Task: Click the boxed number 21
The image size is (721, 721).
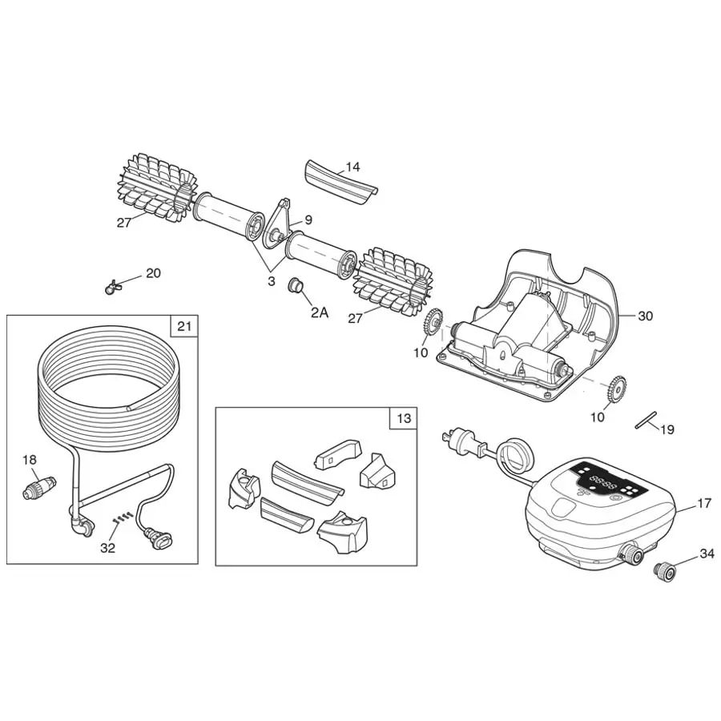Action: [x=184, y=326]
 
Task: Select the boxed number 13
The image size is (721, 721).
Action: [x=404, y=418]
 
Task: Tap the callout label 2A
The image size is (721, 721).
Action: [x=319, y=312]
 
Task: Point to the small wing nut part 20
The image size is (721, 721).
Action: [x=113, y=285]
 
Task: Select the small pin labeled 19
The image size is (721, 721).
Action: [x=646, y=420]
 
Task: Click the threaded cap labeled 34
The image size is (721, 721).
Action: [x=663, y=571]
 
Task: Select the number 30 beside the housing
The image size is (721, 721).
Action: [x=645, y=316]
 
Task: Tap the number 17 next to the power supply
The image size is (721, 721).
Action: [x=703, y=504]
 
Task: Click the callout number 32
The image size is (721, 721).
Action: [x=107, y=548]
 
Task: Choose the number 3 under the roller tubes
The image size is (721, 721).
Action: [x=272, y=280]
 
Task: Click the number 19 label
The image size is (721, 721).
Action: [x=667, y=430]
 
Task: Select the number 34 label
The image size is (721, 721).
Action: [x=707, y=554]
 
